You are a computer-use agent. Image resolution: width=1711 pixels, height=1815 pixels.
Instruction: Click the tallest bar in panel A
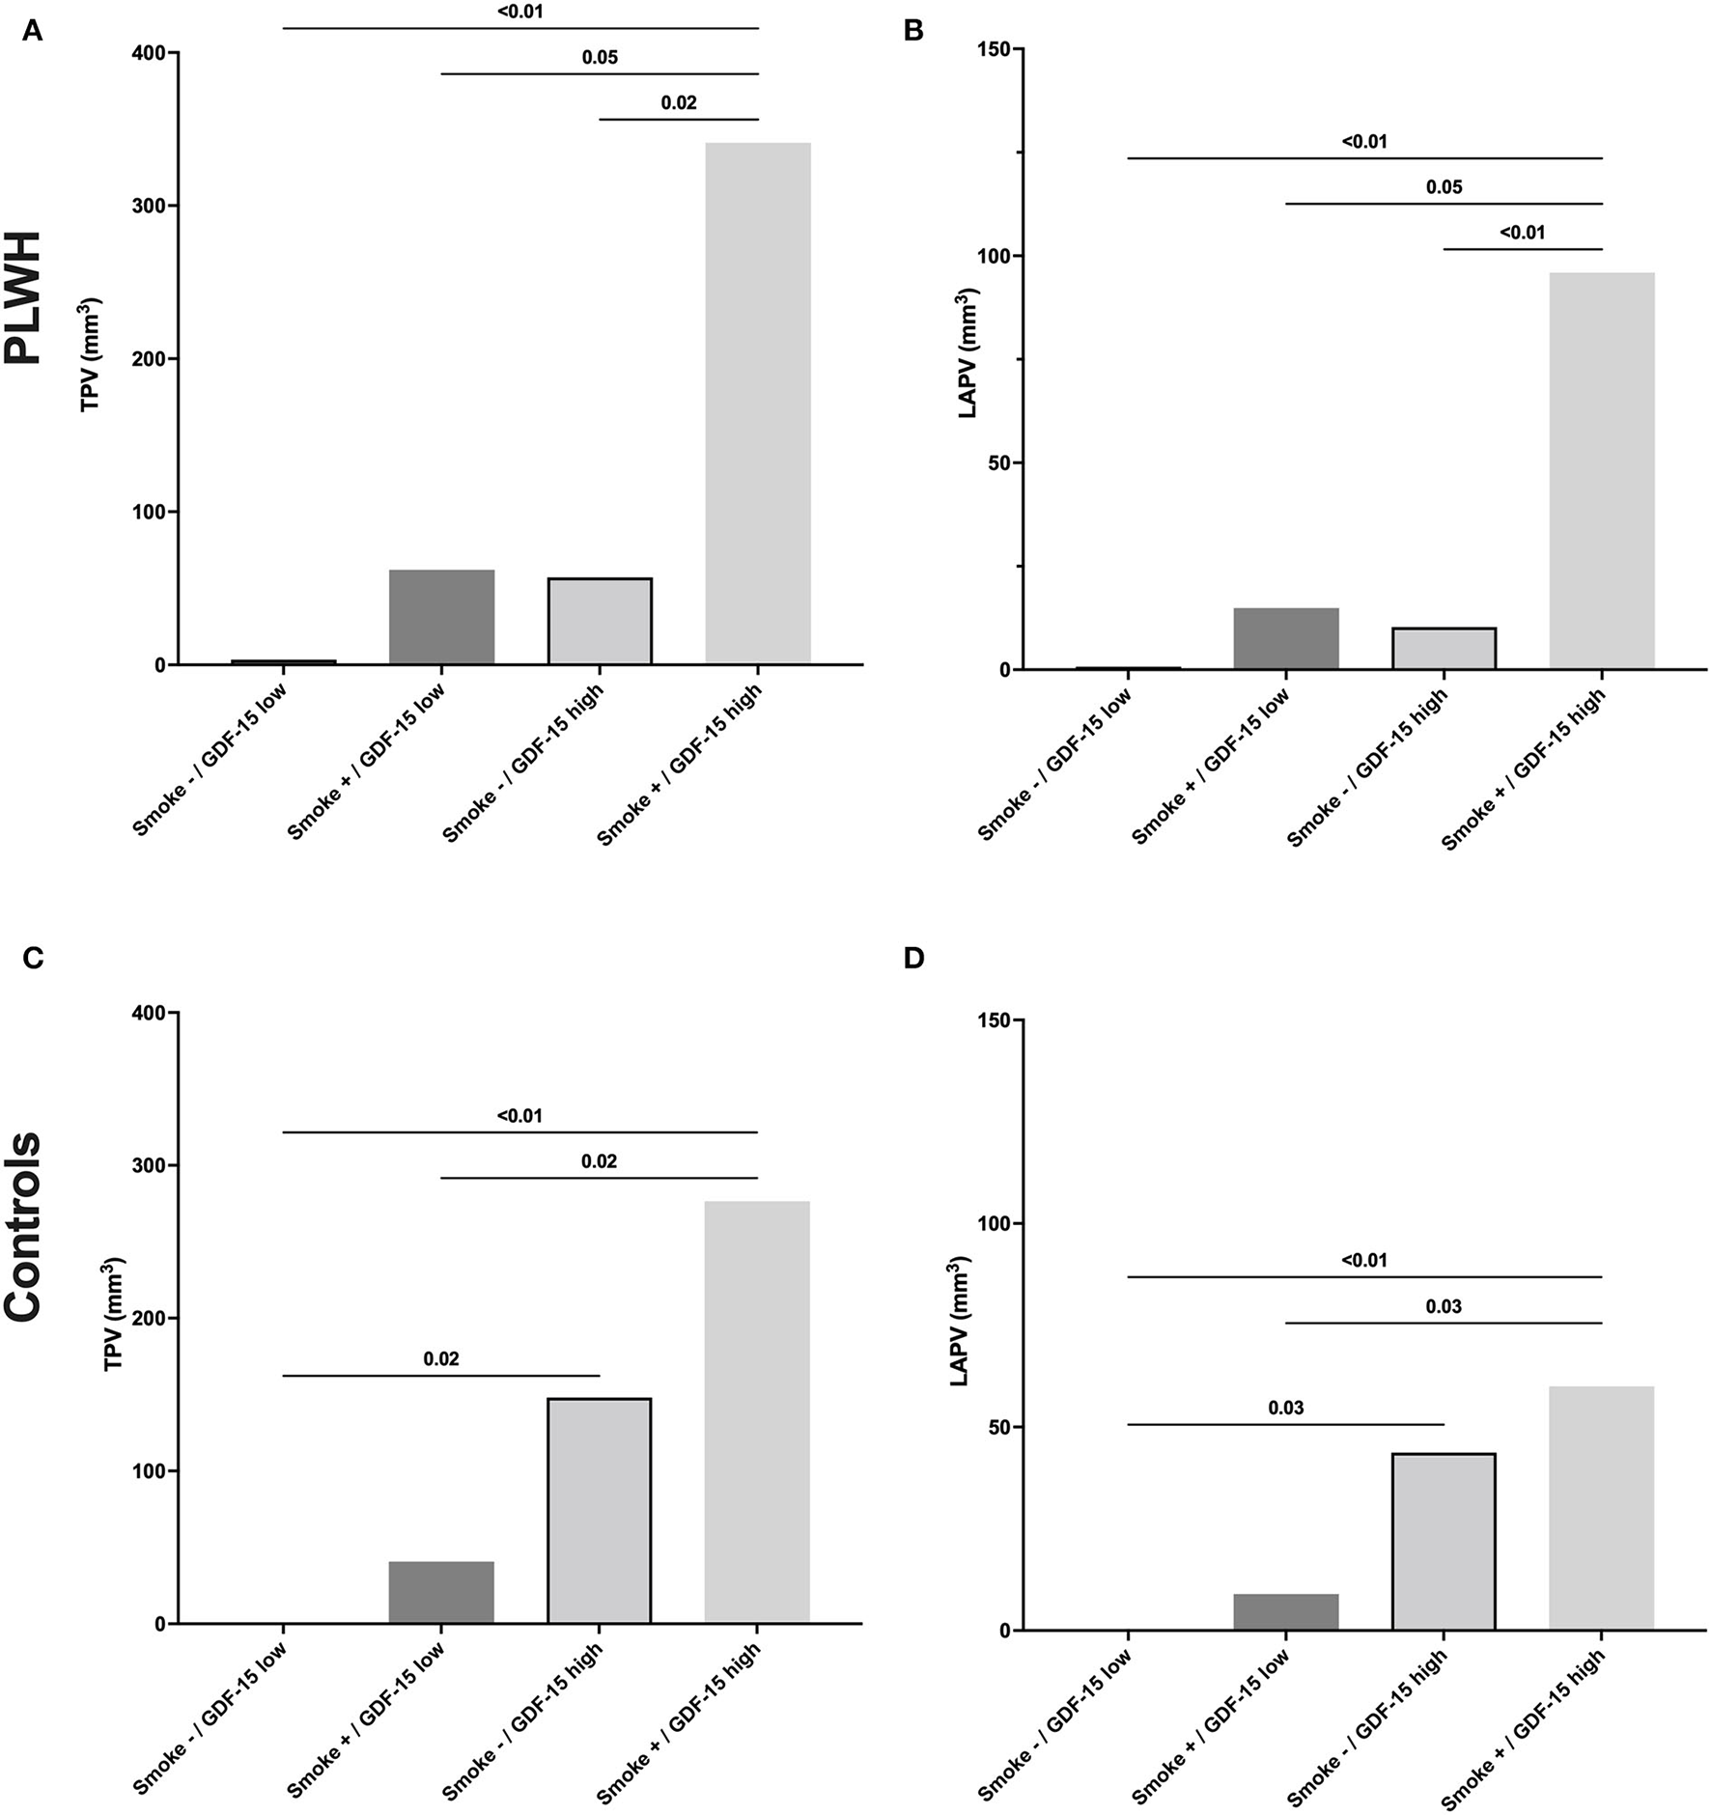click(x=757, y=404)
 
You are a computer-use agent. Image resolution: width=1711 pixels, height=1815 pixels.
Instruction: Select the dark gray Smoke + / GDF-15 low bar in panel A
click(x=441, y=617)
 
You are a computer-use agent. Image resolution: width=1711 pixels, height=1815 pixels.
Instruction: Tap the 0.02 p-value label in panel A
click(x=678, y=103)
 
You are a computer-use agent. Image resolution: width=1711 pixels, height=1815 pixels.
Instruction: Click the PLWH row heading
click(x=23, y=296)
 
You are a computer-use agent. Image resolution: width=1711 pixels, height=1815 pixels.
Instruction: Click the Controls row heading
click(x=23, y=1226)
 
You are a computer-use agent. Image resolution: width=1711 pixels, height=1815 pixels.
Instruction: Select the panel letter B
click(x=912, y=31)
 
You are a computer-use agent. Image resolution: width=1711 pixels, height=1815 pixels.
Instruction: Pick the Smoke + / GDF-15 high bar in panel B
click(x=1601, y=471)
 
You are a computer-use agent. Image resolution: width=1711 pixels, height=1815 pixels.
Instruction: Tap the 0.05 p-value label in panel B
click(x=1444, y=187)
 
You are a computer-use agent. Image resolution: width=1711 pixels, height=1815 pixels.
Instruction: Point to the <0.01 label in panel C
click(x=519, y=1116)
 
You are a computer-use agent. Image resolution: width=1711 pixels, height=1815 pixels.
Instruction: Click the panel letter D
click(x=912, y=958)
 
